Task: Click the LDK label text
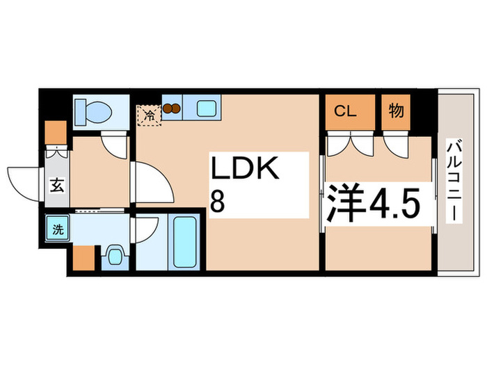point(245,171)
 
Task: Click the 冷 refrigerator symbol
point(148,114)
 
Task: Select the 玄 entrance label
point(56,186)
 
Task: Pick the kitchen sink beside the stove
point(205,109)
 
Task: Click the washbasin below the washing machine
point(114,255)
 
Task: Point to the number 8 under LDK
point(218,203)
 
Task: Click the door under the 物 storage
point(394,145)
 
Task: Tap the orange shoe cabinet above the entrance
point(55,132)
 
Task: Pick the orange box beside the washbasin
point(83,258)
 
